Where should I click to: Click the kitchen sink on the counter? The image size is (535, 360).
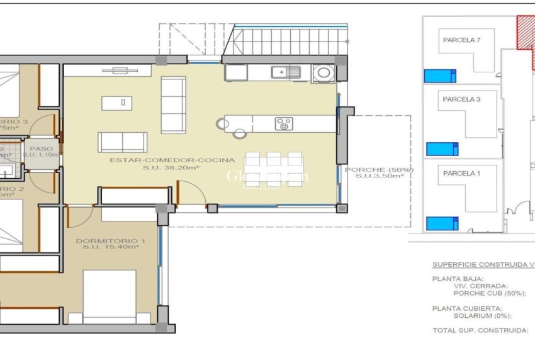[x=286, y=72]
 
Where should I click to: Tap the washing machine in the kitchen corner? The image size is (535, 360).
[x=324, y=72]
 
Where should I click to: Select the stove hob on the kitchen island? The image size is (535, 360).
[x=283, y=124]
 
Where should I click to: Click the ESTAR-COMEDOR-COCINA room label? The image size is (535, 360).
[x=172, y=160]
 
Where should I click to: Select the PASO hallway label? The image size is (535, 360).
[x=42, y=149]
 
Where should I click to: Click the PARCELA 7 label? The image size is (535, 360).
[x=461, y=40]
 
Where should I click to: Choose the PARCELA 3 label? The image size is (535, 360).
[x=461, y=99]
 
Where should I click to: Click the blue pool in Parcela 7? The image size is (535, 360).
[x=440, y=76]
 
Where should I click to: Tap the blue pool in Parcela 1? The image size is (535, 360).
[x=442, y=223]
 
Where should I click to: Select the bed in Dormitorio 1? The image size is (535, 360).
[x=110, y=296]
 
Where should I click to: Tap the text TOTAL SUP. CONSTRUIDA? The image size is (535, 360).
[x=479, y=330]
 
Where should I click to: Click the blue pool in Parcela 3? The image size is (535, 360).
[x=442, y=149]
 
